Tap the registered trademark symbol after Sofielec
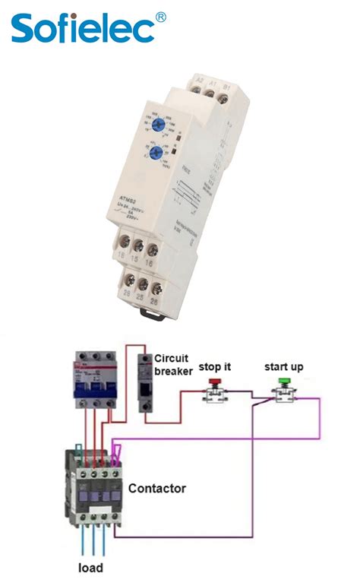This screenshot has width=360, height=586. coord(161,16)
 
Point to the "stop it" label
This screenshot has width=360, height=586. coord(215,367)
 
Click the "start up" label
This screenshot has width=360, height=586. coord(284,367)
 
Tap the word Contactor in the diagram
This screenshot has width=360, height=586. coord(157,488)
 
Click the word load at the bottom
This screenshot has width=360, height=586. coord(92,568)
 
